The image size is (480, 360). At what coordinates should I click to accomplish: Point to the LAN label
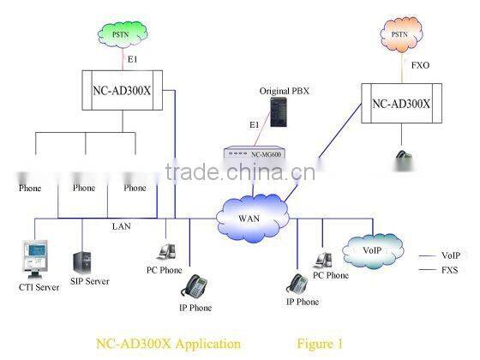click(x=122, y=226)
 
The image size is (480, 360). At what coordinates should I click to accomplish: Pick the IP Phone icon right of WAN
click(x=299, y=282)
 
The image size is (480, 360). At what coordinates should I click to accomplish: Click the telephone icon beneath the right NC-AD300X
click(x=401, y=159)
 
